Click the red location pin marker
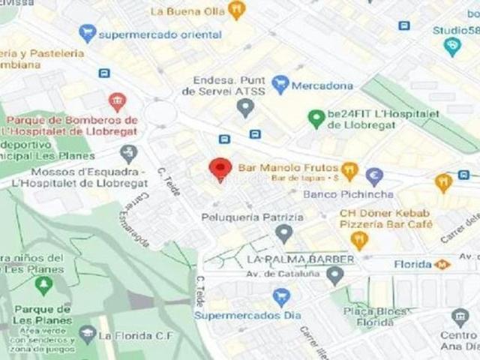220,169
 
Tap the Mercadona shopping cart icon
280,84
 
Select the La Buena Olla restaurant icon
237,10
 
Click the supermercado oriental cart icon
88,33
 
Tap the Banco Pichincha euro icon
374,177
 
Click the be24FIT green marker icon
316,118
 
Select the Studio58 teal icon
452,47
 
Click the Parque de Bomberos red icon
116,102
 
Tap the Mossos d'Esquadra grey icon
129,154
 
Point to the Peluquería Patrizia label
253,217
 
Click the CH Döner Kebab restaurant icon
359,240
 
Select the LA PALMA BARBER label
299,259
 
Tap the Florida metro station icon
442,264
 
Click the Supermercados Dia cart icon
281,298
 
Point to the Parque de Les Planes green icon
43,286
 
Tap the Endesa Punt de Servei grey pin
245,109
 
